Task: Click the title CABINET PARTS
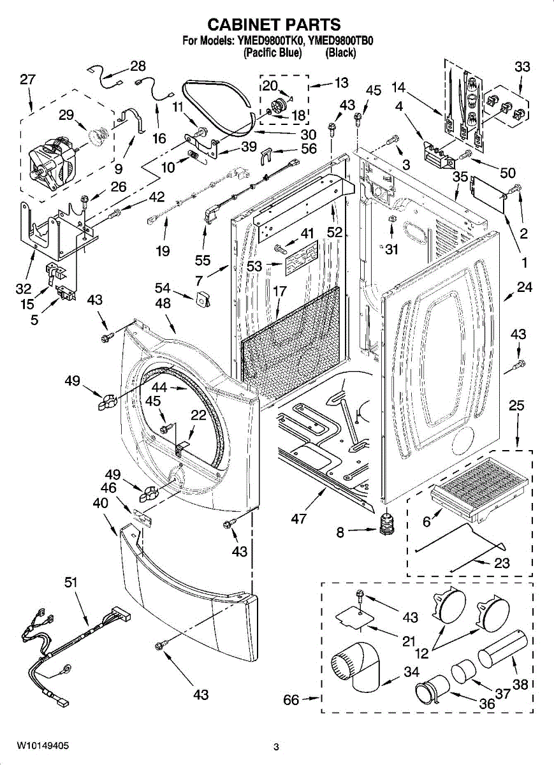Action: tap(274, 25)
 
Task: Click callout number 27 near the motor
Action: tap(27, 80)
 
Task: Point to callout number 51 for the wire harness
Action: tap(71, 583)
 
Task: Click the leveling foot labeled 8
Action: tap(387, 524)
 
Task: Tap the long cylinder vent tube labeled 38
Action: tap(502, 651)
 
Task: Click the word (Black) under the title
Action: tap(340, 53)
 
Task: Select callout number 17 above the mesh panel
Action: tap(280, 291)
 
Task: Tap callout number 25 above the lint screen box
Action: tap(516, 405)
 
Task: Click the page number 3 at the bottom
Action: tap(276, 735)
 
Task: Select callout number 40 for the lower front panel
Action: tap(101, 503)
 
